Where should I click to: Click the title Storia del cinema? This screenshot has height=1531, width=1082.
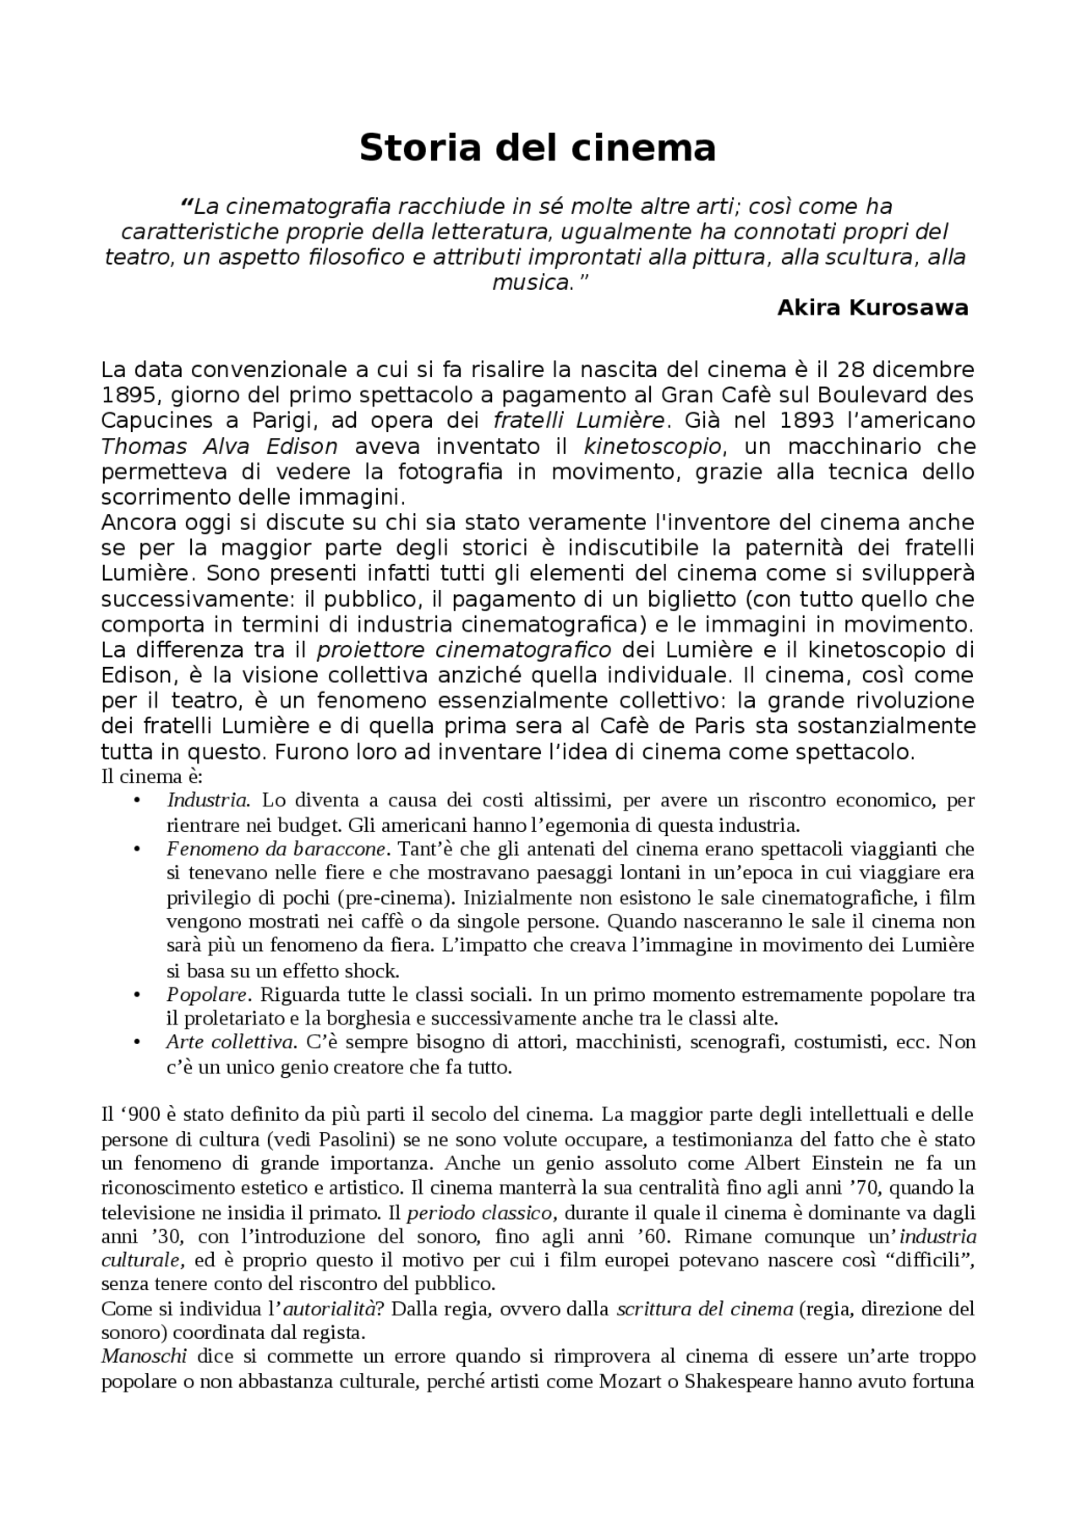538,148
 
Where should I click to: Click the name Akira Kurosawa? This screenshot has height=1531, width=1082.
872,308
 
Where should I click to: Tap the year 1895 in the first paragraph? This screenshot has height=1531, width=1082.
127,395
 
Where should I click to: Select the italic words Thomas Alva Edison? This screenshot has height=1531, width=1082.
219,446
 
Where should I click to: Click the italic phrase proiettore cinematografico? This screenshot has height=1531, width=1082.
463,650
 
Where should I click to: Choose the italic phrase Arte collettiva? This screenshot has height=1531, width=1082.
230,1042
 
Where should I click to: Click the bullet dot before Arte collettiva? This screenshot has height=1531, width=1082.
137,1042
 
